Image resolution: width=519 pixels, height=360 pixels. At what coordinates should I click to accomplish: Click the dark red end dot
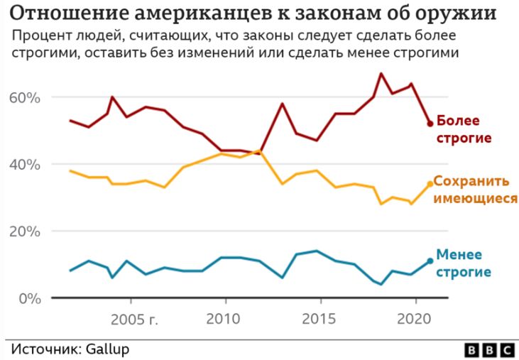click(x=430, y=124)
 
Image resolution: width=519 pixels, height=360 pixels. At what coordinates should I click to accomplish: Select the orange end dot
click(x=430, y=184)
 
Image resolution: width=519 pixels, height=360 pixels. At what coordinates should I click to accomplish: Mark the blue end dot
click(x=430, y=261)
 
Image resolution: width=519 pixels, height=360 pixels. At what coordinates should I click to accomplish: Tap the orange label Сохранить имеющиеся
click(x=475, y=190)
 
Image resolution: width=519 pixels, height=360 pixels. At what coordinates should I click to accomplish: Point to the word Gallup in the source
click(x=106, y=349)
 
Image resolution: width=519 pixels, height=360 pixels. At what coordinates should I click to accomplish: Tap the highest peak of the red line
click(x=381, y=73)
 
